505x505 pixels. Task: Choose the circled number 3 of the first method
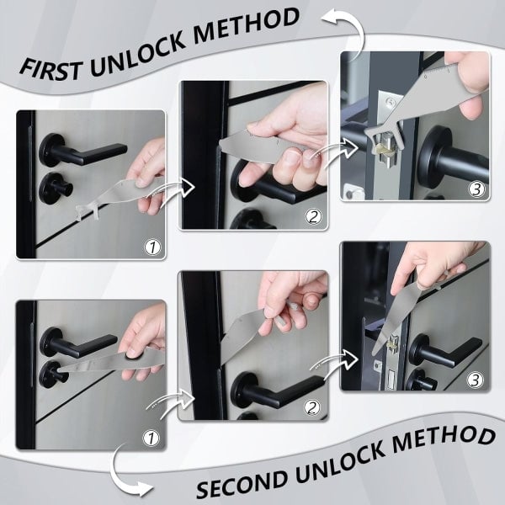(x=476, y=189)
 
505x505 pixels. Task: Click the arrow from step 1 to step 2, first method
(x=178, y=187)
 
